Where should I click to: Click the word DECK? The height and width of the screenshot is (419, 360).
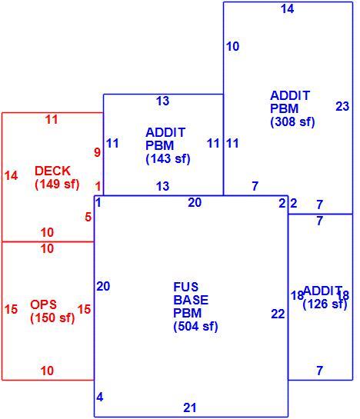(x=52, y=171)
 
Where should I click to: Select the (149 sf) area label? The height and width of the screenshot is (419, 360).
(x=57, y=184)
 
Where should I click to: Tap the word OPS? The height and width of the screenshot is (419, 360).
(x=43, y=304)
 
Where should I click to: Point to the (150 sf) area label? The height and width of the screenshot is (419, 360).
(x=52, y=318)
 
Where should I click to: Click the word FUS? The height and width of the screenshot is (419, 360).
(x=186, y=287)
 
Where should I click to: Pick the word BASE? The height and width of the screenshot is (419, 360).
(x=191, y=300)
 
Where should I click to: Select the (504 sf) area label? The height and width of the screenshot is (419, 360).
(x=196, y=326)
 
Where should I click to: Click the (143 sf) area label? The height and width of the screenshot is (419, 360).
(x=168, y=158)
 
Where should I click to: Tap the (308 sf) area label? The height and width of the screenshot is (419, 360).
(x=292, y=121)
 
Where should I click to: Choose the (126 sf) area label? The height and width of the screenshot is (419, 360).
(x=325, y=304)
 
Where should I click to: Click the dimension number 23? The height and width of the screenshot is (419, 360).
(x=342, y=106)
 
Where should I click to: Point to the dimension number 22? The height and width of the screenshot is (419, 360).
(x=278, y=314)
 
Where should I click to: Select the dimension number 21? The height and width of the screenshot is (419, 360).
(x=190, y=407)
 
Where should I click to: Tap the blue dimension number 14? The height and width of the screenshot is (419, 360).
(x=288, y=8)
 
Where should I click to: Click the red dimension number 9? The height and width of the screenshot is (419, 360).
(x=97, y=152)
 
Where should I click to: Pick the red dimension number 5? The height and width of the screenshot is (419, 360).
(x=88, y=217)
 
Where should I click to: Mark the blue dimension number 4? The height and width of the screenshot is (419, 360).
(x=100, y=397)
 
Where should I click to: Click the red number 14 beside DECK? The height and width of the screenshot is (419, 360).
(x=12, y=175)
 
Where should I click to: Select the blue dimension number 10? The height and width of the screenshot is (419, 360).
(x=232, y=46)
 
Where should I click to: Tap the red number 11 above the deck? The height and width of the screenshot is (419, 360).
(x=52, y=119)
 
